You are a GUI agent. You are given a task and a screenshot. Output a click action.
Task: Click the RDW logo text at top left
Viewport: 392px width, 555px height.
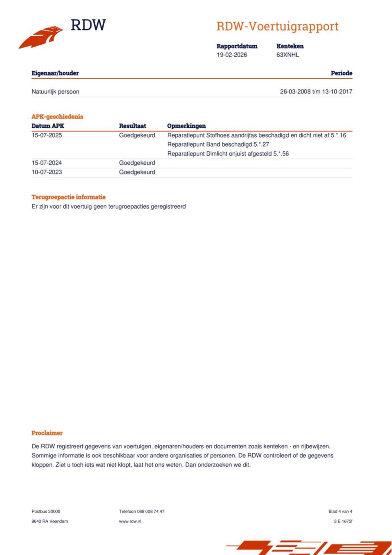(x=88, y=25)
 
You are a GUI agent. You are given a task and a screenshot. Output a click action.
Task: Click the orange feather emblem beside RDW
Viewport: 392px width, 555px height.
(x=41, y=37)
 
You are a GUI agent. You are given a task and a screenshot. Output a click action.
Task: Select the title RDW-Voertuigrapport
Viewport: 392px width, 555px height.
(x=277, y=26)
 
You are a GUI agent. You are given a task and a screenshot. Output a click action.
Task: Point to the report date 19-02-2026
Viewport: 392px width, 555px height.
(x=232, y=55)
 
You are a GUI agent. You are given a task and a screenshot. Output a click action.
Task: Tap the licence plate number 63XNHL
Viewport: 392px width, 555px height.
(x=288, y=55)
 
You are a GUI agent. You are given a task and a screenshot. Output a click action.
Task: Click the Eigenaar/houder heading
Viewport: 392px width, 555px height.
(x=55, y=73)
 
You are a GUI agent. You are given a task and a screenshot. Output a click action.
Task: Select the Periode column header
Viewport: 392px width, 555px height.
(x=341, y=73)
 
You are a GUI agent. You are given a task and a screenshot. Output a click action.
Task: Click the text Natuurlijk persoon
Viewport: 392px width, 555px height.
(x=55, y=92)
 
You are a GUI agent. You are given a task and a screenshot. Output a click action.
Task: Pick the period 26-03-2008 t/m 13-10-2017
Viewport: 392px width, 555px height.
(x=316, y=92)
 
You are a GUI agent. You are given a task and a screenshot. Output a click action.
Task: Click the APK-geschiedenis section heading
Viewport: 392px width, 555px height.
(x=57, y=116)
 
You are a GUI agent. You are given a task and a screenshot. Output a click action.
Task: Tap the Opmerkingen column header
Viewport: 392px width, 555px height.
(x=186, y=126)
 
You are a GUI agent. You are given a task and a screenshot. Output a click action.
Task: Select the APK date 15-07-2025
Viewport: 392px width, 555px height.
(x=47, y=135)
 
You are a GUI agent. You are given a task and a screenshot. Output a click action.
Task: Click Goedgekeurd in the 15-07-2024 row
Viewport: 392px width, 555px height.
(x=137, y=163)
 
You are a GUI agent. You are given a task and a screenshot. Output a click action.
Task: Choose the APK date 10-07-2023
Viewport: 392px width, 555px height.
(x=47, y=172)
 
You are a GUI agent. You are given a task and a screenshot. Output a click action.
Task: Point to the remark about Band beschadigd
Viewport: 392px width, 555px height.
(x=218, y=145)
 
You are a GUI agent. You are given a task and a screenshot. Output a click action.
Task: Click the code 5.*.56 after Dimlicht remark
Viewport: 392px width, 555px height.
(x=281, y=154)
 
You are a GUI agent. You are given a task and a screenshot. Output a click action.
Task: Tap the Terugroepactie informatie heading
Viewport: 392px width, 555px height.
(x=69, y=197)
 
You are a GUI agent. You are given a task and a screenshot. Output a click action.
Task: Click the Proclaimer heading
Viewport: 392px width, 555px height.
(x=47, y=433)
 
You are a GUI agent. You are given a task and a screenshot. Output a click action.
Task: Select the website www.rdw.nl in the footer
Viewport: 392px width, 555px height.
(x=130, y=521)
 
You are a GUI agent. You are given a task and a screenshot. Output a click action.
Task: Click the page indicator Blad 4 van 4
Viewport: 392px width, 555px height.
(x=340, y=511)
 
